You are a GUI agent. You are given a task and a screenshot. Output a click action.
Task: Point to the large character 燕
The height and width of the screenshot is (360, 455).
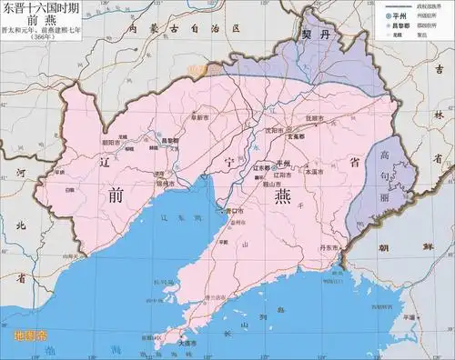274,206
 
